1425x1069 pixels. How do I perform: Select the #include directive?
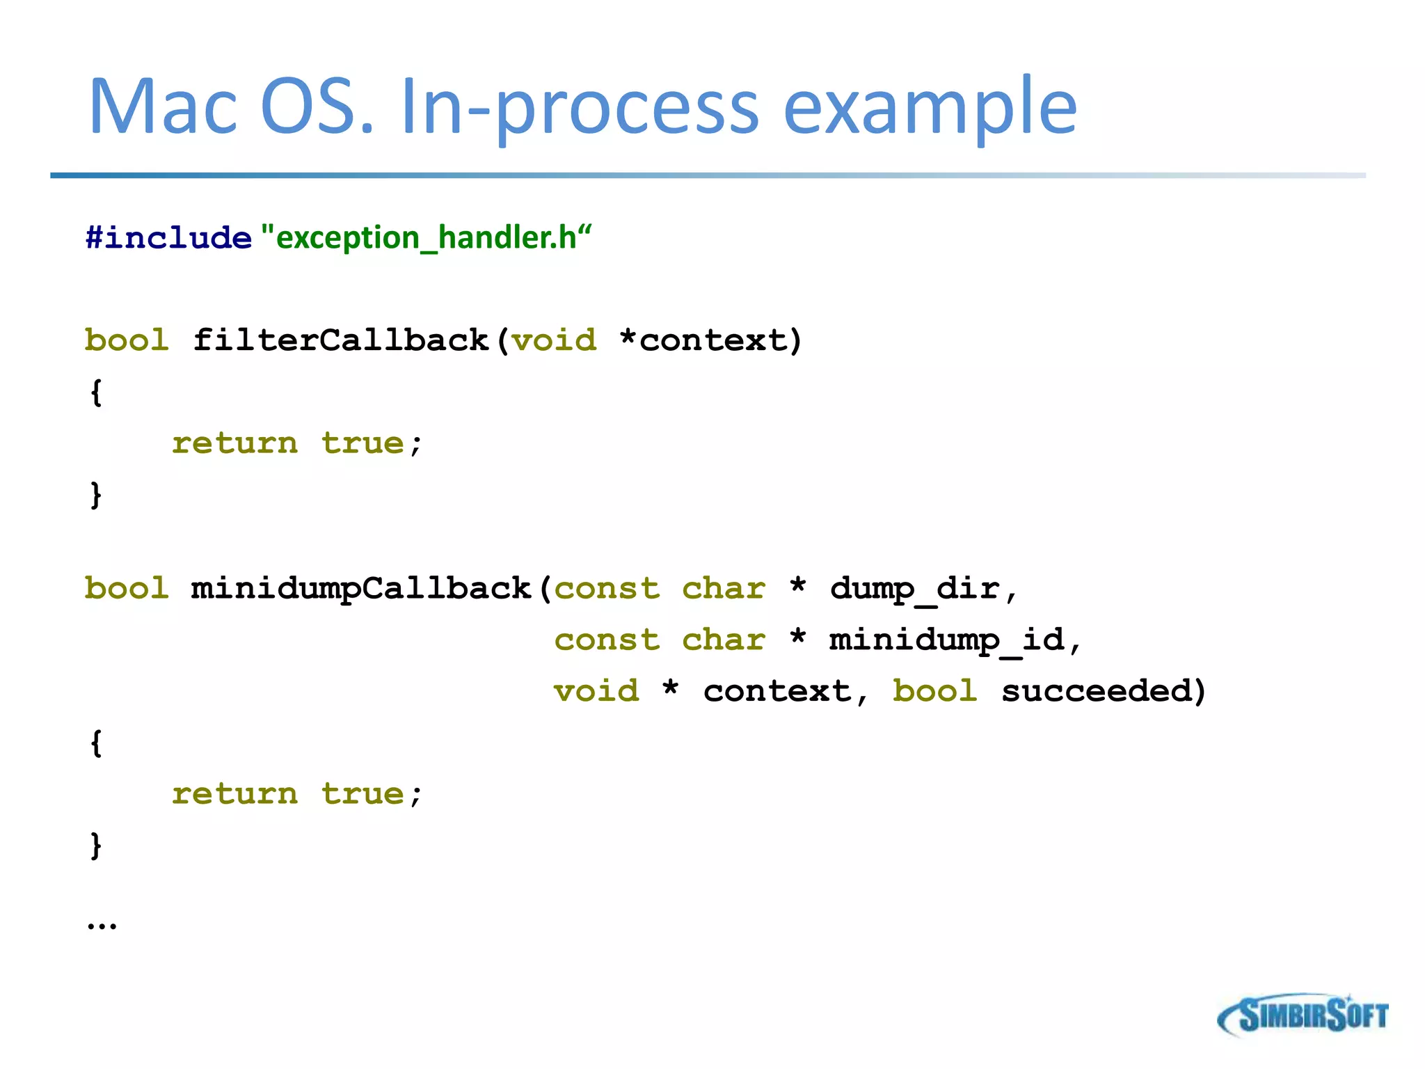(x=168, y=238)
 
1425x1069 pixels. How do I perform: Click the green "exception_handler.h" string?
(x=426, y=238)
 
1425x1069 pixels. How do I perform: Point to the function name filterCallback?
(x=341, y=340)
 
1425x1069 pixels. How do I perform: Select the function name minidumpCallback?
(x=361, y=589)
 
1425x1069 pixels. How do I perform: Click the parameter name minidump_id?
(x=946, y=640)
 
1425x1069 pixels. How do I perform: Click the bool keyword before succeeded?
(x=934, y=691)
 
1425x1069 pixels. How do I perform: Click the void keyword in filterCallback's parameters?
(x=555, y=340)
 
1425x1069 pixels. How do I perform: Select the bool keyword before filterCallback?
(x=127, y=340)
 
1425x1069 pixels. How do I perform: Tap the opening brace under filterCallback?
(x=96, y=393)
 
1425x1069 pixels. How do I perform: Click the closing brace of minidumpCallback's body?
(x=96, y=846)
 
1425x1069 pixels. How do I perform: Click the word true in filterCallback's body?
(x=363, y=443)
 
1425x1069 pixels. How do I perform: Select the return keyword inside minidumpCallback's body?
(x=234, y=794)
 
